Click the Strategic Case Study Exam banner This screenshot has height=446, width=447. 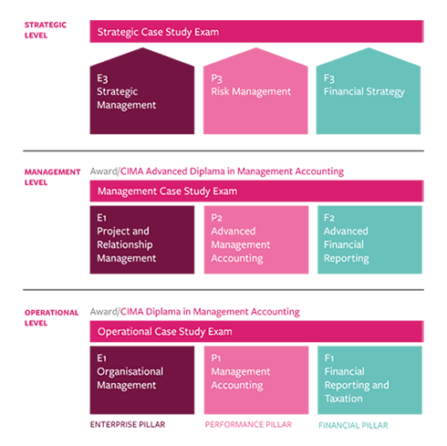(x=256, y=32)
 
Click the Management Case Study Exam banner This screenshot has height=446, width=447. (x=256, y=191)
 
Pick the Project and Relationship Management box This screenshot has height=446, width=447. (x=142, y=240)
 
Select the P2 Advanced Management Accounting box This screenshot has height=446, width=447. (x=256, y=240)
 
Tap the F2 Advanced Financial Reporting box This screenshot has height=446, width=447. (x=369, y=240)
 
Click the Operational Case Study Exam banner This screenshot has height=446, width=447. (x=256, y=331)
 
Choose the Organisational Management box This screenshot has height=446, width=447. (x=142, y=380)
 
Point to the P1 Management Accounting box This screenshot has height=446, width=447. (x=256, y=380)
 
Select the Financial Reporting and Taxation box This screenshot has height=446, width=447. (x=369, y=380)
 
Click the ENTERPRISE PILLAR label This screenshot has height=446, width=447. (x=128, y=424)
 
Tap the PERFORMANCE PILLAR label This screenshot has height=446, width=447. (x=248, y=424)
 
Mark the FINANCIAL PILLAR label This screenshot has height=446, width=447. (x=353, y=425)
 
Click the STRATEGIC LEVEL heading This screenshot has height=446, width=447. (x=46, y=30)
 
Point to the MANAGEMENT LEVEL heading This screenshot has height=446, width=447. (x=52, y=177)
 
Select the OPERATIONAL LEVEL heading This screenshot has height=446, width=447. (x=51, y=317)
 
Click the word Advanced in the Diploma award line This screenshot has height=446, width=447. (x=166, y=171)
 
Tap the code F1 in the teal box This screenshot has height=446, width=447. (x=329, y=358)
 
